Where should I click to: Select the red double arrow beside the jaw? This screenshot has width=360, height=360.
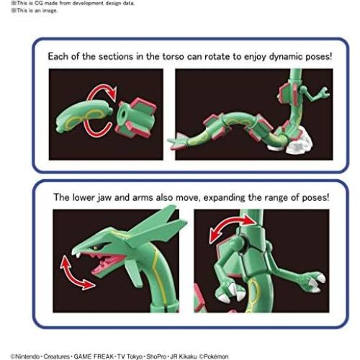point(76,273)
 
